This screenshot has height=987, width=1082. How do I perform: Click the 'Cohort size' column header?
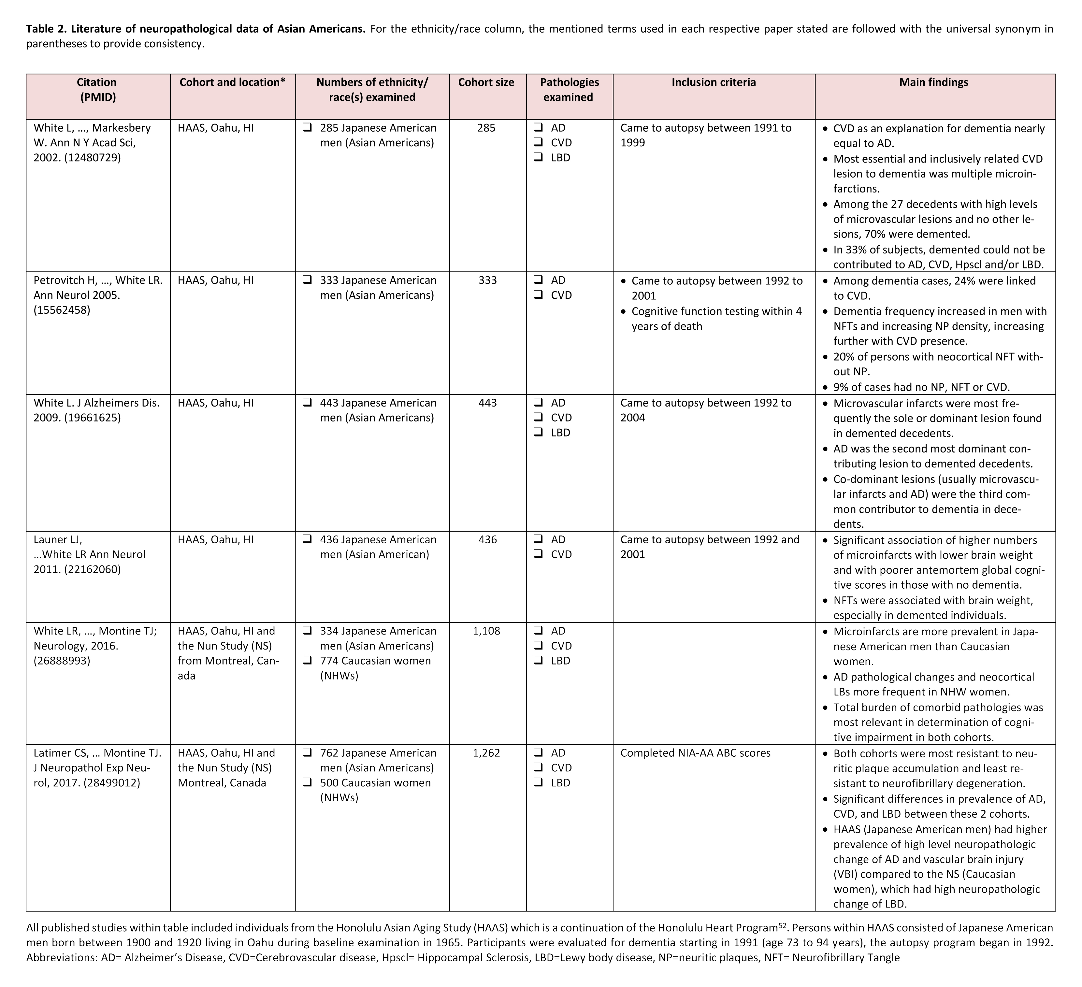486,82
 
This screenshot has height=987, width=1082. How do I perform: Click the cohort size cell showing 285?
486,128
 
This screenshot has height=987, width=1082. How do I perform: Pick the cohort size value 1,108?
486,631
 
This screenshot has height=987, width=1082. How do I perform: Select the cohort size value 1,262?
486,753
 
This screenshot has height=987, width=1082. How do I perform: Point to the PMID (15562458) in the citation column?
62,310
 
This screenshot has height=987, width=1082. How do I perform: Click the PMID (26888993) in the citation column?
62,661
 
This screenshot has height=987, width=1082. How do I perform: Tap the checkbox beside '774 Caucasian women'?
308,661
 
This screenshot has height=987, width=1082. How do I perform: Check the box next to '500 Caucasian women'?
308,782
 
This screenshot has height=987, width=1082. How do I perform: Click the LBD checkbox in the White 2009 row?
538,433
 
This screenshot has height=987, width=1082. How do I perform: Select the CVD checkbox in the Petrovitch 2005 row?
538,295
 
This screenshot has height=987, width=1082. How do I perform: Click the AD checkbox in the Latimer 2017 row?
538,753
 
